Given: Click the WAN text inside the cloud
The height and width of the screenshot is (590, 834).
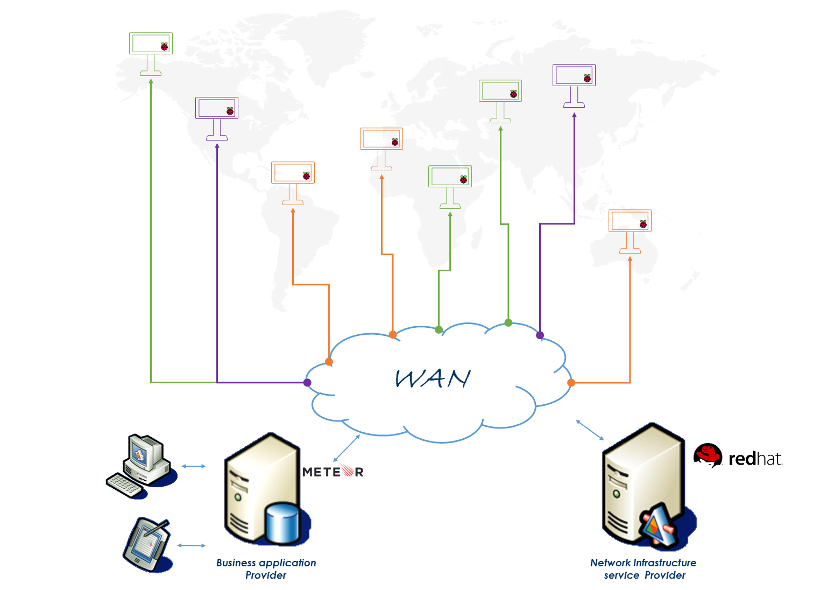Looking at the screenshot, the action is coord(433,379).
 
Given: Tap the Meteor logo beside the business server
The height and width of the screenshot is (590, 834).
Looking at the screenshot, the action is coord(333,472).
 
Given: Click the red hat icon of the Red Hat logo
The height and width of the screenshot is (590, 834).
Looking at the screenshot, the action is coord(708,455).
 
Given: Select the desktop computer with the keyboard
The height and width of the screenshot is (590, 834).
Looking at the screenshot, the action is coord(142,466).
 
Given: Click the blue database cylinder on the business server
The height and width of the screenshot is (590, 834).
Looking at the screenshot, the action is coord(284,523).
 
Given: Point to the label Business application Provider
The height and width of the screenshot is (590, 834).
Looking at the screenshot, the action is coord(266,569).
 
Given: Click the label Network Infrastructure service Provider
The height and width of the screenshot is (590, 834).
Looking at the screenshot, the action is coord(644,569).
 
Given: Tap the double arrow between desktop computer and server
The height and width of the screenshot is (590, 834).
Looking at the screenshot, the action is coord(194,466).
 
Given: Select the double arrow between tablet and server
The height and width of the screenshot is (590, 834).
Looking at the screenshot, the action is coord(192,546).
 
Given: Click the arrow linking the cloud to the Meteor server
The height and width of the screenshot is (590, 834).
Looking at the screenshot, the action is coord(347,448).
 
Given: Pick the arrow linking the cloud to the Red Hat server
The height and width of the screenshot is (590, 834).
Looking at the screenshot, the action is coord(590,430).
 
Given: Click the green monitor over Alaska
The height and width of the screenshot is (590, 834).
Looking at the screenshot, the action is coord(151,54).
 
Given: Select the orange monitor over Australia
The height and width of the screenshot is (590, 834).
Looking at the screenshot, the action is coord(630,231).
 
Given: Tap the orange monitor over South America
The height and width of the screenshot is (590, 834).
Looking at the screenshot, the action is coord(293,183).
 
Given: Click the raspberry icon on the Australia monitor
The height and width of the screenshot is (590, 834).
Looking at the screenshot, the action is coord(644,224).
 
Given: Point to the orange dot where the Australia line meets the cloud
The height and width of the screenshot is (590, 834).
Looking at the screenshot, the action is coord(571,383).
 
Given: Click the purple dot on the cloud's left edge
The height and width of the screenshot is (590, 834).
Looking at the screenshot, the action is coord(307,383).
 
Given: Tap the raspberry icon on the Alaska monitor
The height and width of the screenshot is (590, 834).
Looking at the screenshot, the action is coord(164,46).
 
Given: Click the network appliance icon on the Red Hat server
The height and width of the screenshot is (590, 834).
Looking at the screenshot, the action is coord(658,525).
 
